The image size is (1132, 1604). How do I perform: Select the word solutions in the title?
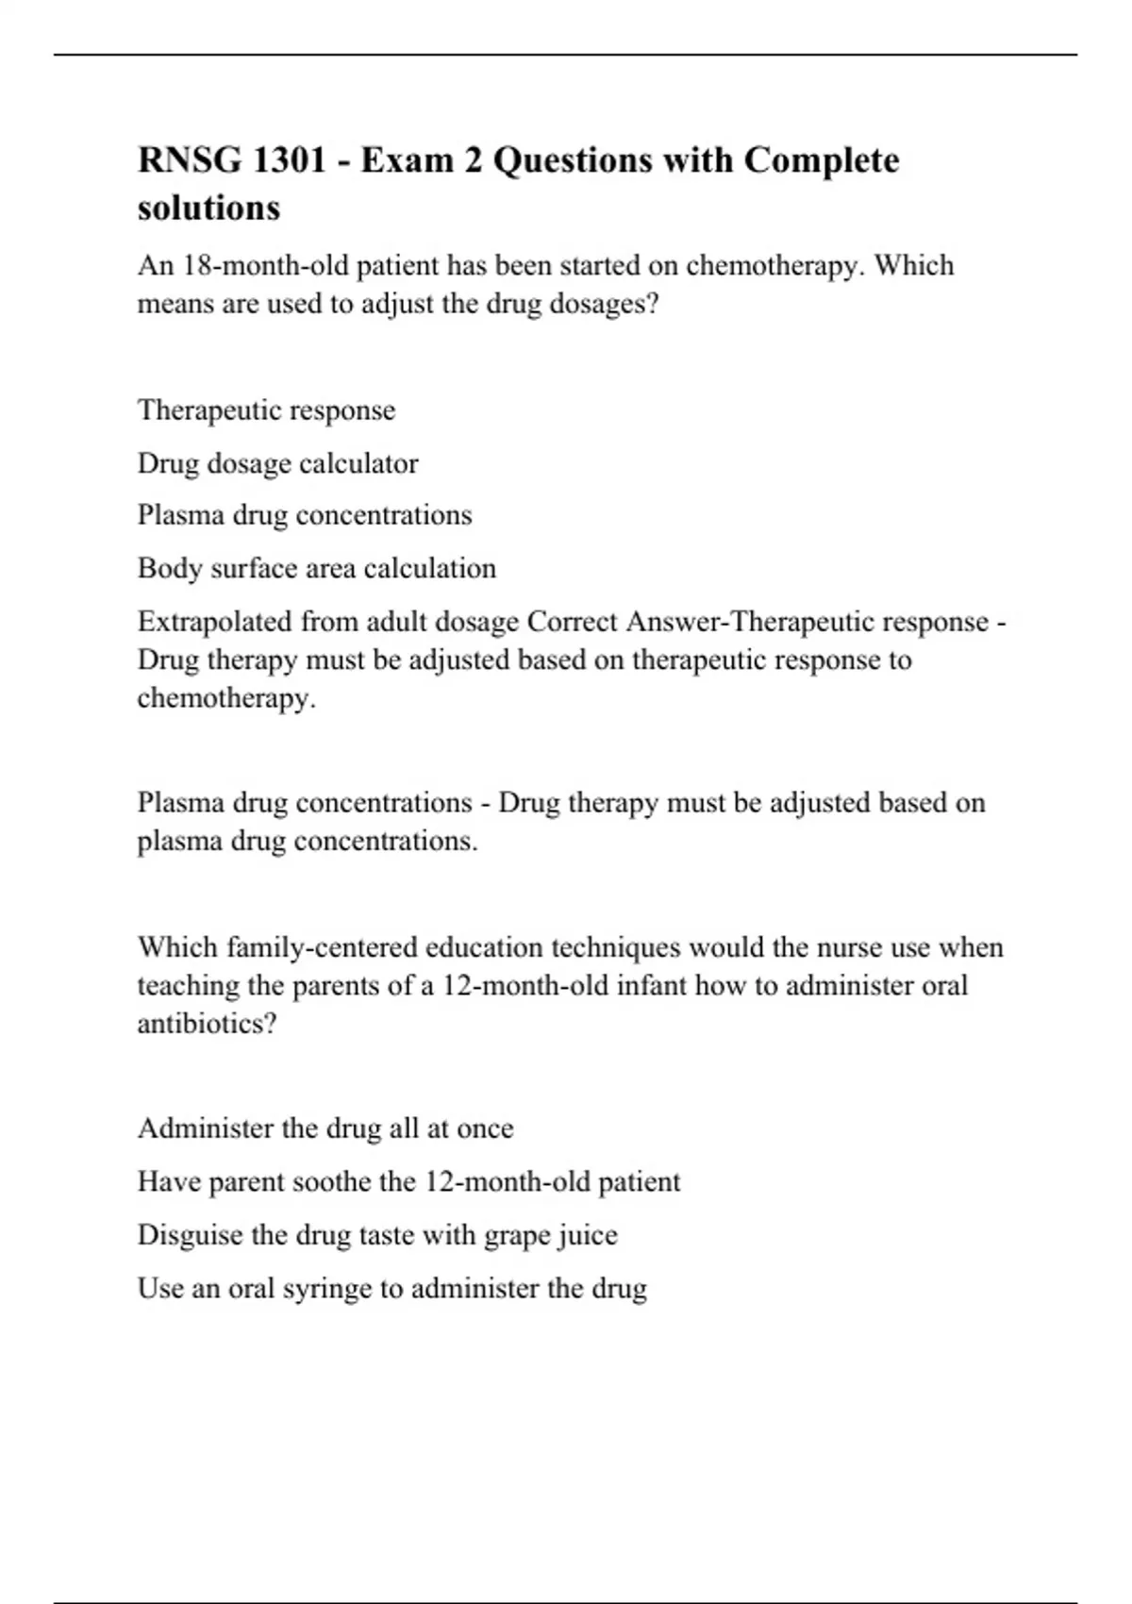(208, 208)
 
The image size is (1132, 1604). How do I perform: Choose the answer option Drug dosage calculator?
(277, 463)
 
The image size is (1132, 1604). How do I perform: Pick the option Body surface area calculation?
(316, 568)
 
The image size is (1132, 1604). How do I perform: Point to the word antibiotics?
(208, 1024)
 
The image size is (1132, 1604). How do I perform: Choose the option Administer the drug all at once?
(325, 1128)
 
